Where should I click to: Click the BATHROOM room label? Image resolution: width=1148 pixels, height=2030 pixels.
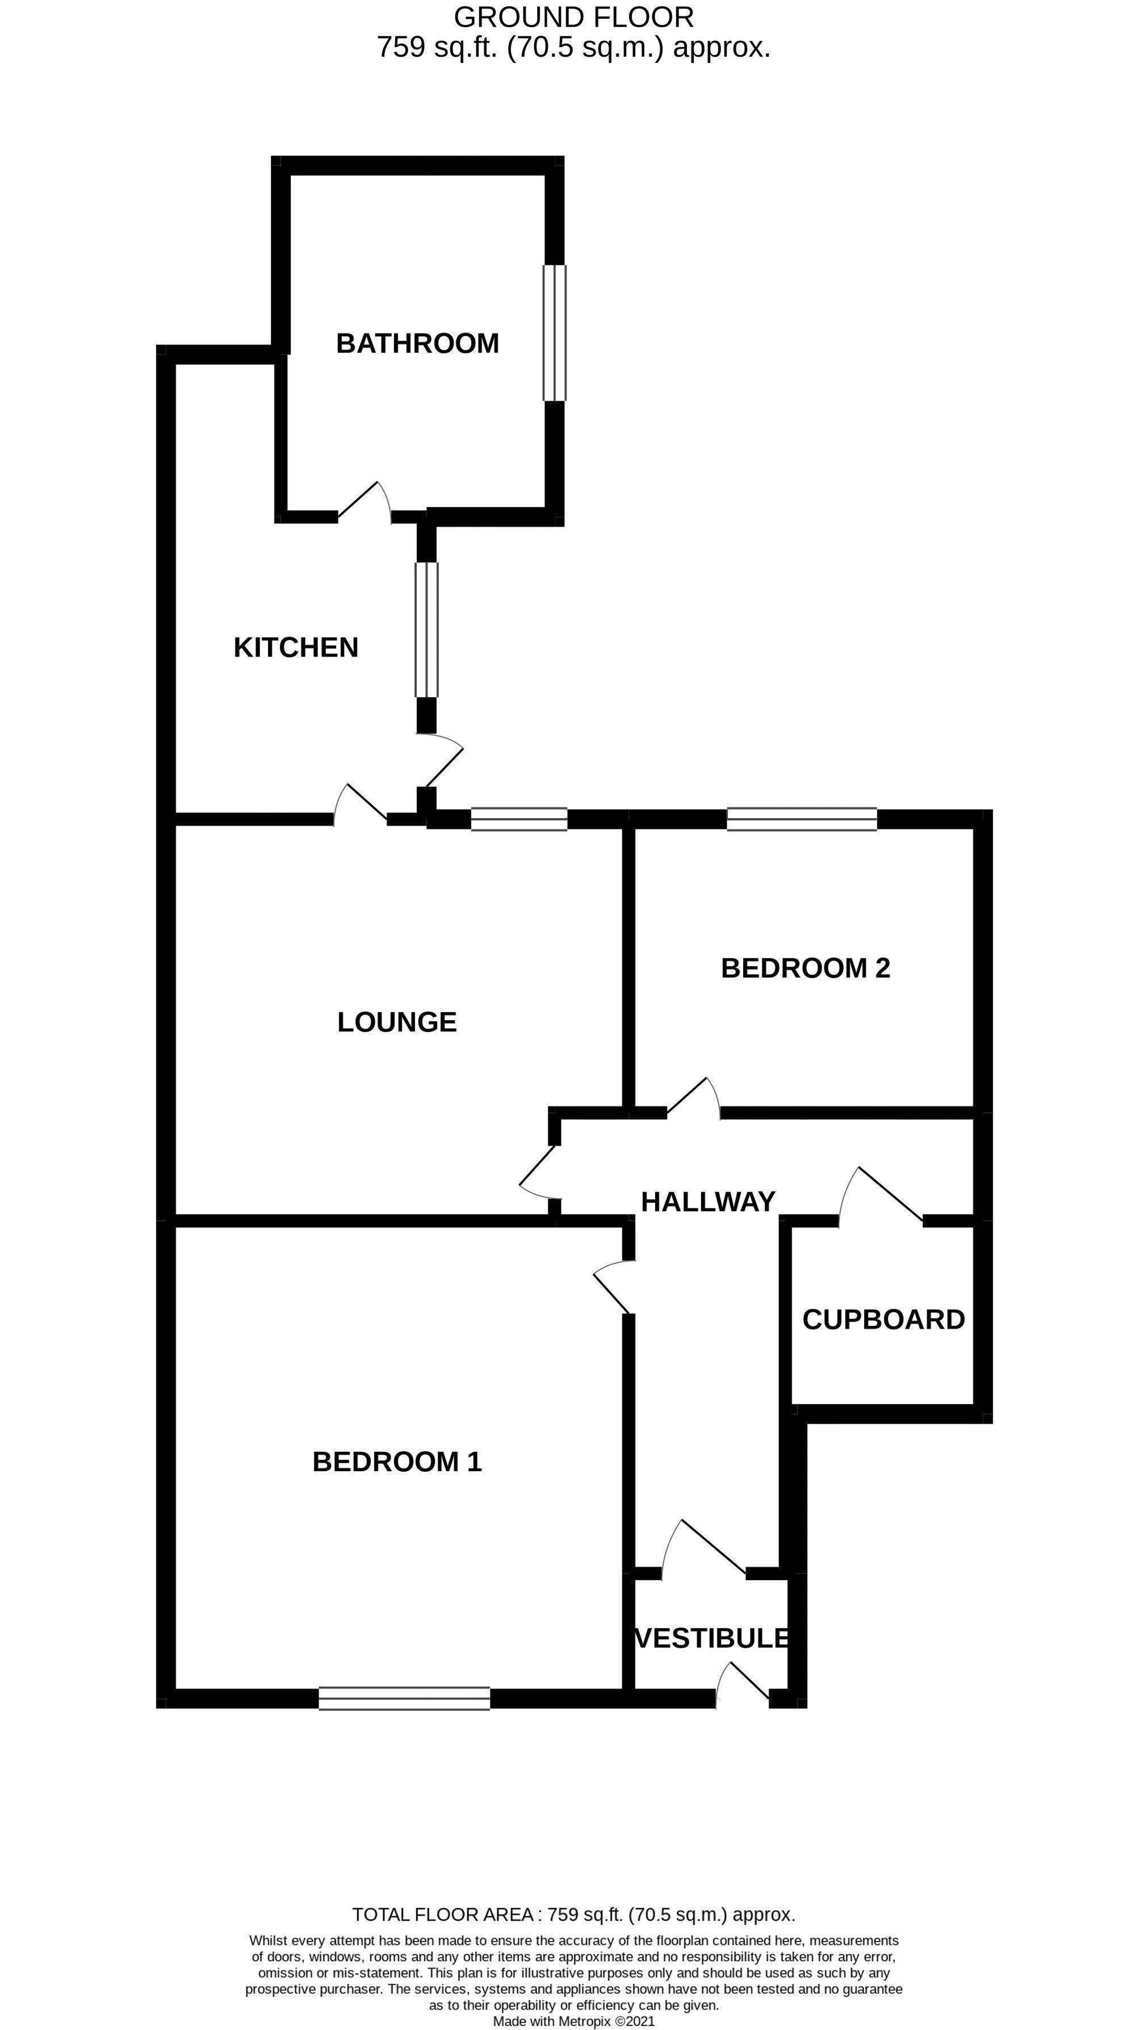click(x=417, y=344)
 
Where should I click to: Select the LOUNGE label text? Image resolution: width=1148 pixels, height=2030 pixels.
click(x=397, y=1022)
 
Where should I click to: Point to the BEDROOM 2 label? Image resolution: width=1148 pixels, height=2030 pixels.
click(x=805, y=968)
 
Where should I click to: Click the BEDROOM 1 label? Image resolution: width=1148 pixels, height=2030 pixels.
click(x=397, y=1462)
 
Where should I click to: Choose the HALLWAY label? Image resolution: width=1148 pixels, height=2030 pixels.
click(x=708, y=1202)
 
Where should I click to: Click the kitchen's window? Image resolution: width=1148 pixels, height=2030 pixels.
click(x=426, y=630)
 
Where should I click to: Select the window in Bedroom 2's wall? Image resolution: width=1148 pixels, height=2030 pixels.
click(x=801, y=820)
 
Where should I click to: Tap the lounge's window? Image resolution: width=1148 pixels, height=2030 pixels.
click(x=519, y=820)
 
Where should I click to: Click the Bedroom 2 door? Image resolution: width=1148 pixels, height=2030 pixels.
click(x=694, y=1098)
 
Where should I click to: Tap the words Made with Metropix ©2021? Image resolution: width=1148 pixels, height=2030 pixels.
click(x=573, y=2021)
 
